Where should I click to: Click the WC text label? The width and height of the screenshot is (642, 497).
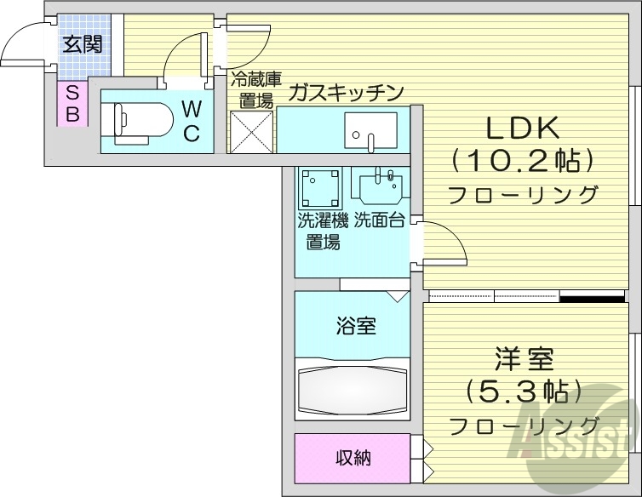191,120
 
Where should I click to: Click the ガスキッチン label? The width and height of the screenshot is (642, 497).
344,93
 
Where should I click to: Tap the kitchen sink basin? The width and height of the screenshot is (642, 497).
369,129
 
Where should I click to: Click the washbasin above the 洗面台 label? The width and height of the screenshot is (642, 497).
380,186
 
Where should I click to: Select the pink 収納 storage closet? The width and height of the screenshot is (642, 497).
352,458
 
